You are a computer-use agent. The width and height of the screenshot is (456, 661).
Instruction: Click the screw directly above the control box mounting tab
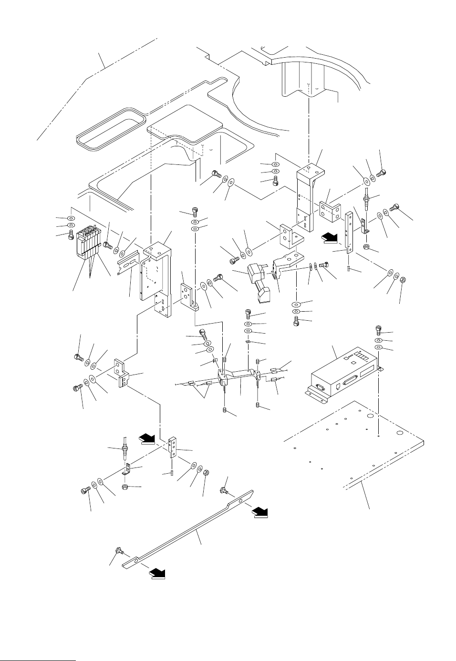pos(378,329)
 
